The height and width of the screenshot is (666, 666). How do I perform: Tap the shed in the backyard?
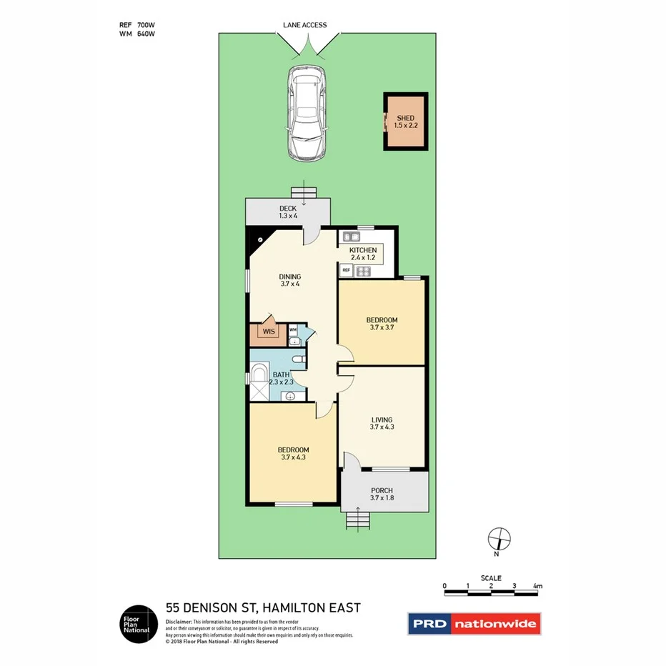pyautogui.click(x=405, y=121)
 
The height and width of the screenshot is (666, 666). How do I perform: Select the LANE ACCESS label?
pyautogui.click(x=304, y=26)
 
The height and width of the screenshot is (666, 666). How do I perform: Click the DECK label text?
pyautogui.click(x=287, y=209)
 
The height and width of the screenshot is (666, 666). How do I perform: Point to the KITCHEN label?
pyautogui.click(x=363, y=250)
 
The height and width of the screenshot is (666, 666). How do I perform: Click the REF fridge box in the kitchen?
pyautogui.click(x=346, y=270)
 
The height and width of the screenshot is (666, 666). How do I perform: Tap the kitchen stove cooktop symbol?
pyautogui.click(x=363, y=271)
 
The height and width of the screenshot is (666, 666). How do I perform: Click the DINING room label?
pyautogui.click(x=290, y=277)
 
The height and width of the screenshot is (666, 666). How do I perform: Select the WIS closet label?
pyautogui.click(x=269, y=332)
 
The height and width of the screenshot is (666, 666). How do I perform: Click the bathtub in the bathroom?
pyautogui.click(x=257, y=374)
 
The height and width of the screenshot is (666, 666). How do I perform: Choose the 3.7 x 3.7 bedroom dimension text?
pyautogui.click(x=382, y=328)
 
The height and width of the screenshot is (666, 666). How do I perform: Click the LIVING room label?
pyautogui.click(x=382, y=420)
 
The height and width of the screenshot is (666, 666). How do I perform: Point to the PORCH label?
pyautogui.click(x=382, y=490)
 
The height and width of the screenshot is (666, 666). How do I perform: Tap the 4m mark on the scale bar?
pyautogui.click(x=537, y=587)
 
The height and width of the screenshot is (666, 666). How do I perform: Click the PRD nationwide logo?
pyautogui.click(x=474, y=624)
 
